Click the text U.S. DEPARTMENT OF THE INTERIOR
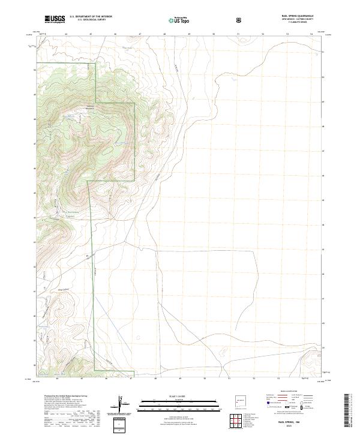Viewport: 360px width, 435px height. tap(91, 17)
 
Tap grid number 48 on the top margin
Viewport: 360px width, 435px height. tap(164, 34)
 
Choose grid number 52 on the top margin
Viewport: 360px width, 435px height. tap(263, 34)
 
